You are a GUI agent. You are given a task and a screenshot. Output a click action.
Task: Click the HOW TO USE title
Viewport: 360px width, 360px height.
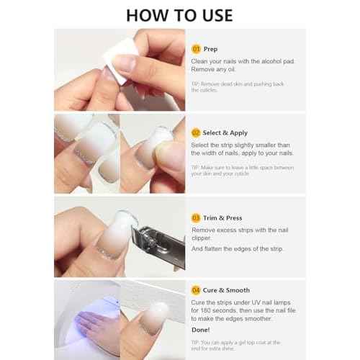[179, 15]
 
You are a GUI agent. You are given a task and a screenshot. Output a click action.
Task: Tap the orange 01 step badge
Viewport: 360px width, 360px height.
[195, 49]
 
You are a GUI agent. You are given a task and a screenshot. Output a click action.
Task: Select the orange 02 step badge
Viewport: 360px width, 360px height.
[195, 132]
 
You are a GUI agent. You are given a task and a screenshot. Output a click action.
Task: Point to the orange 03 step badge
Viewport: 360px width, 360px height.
[195, 217]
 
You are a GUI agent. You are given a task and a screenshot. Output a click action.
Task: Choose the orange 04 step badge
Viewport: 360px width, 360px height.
[195, 289]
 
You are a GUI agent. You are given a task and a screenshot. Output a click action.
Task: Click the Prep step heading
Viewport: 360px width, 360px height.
[210, 49]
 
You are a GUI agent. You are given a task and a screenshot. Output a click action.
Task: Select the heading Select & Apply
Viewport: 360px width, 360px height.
[226, 132]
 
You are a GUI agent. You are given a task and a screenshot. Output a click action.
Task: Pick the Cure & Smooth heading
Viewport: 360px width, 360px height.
[227, 289]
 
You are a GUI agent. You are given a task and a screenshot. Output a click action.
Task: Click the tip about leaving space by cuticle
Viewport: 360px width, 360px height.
[242, 171]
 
